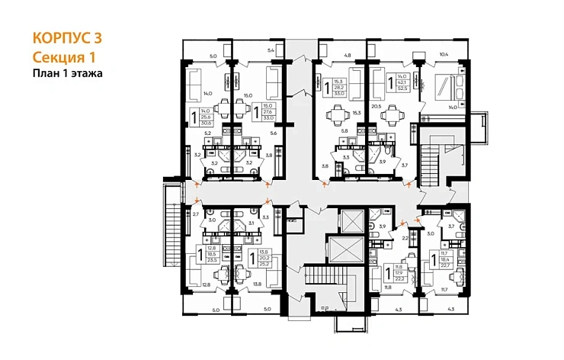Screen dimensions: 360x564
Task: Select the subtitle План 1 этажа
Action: [x=67, y=74]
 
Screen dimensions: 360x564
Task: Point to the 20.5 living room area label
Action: [x=376, y=108]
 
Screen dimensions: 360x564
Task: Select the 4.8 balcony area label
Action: [x=347, y=55]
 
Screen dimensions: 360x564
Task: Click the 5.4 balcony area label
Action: [x=270, y=50]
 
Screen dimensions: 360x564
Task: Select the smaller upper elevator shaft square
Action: [x=353, y=220]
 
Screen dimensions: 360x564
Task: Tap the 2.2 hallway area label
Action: [x=405, y=239]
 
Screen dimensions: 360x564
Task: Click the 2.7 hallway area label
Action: [x=195, y=215]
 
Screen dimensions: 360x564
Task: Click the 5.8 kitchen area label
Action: [x=344, y=131]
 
